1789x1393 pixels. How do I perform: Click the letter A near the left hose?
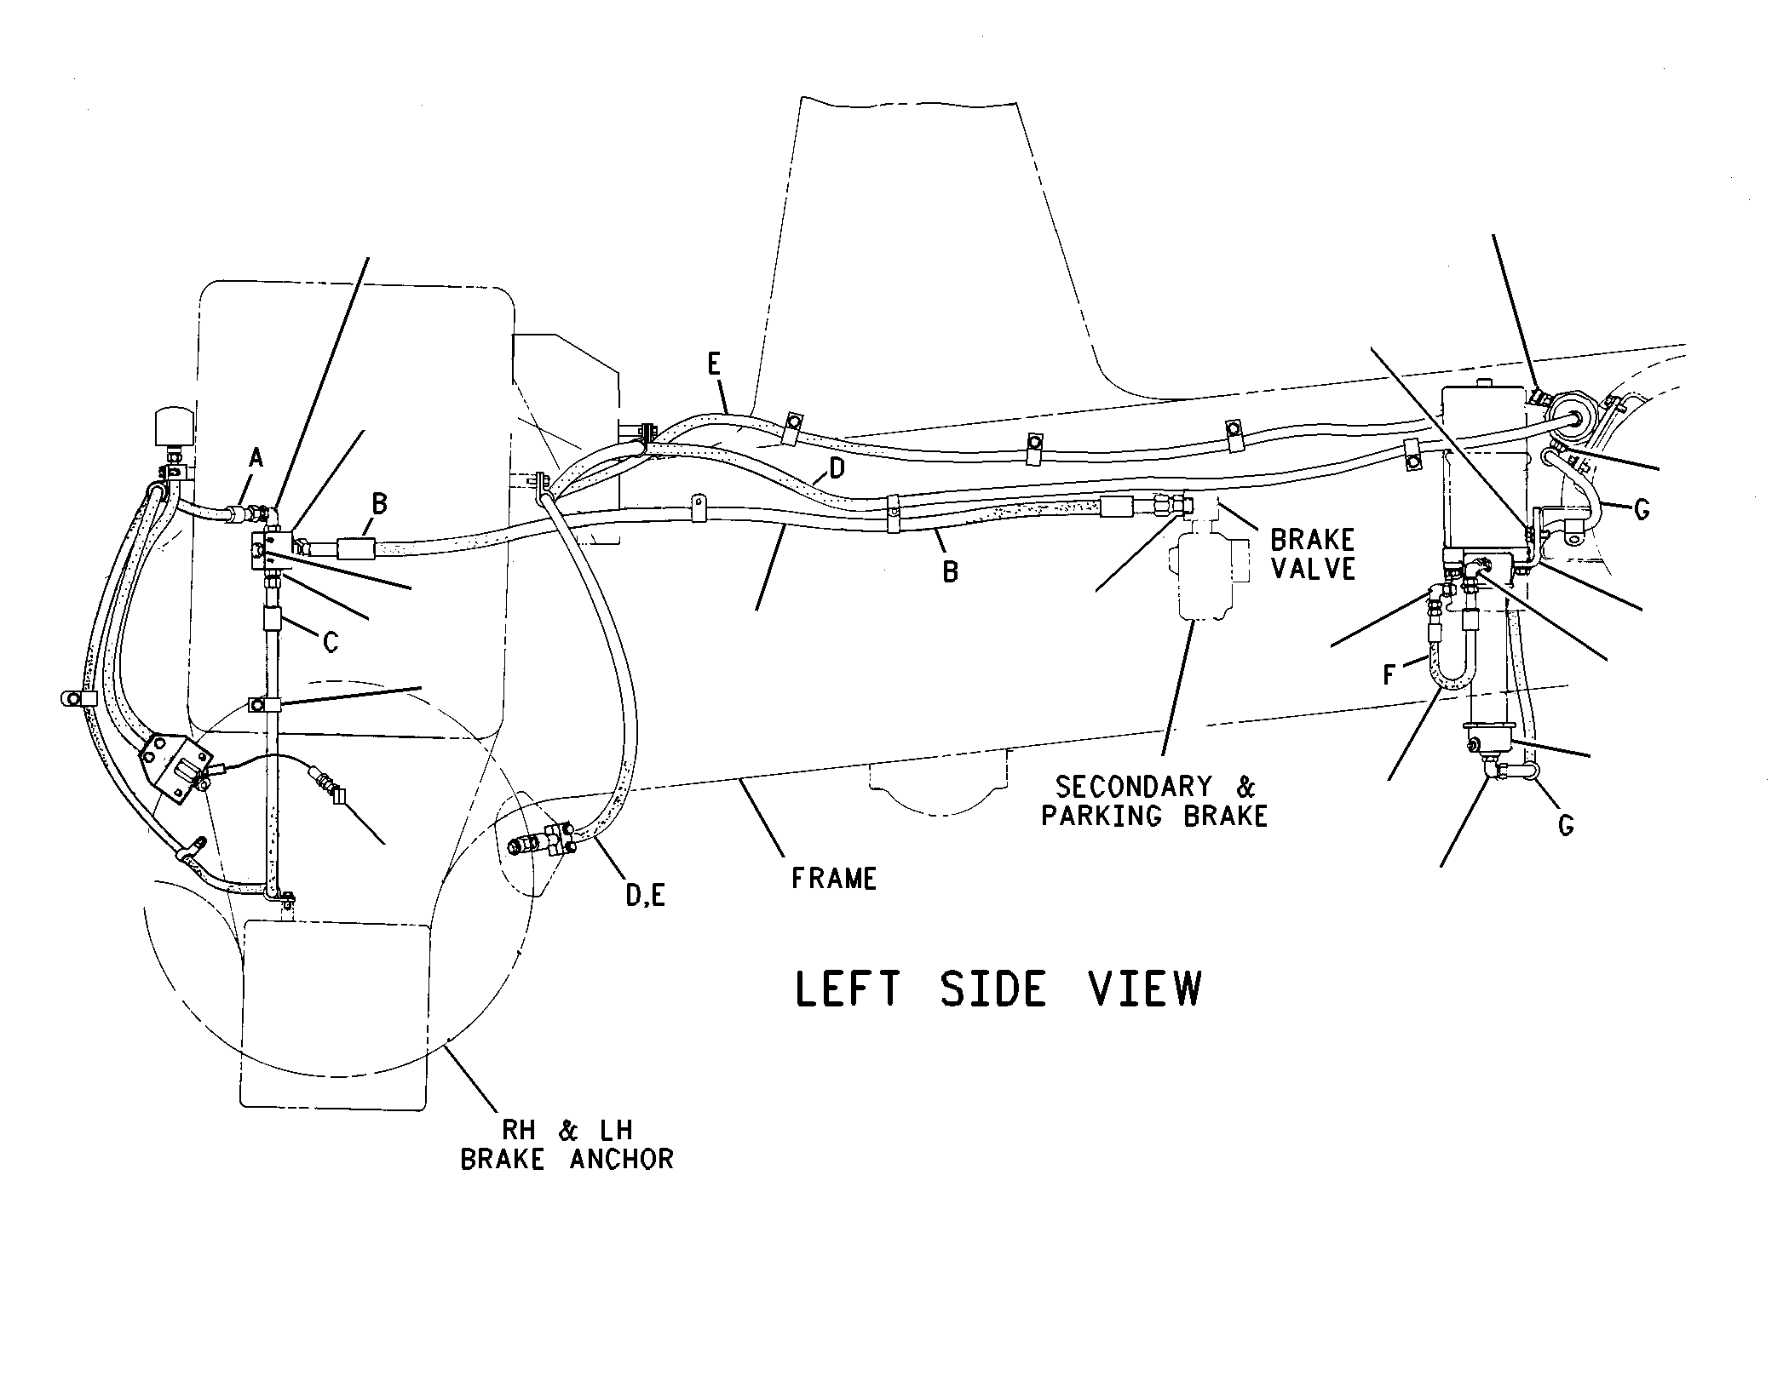tap(256, 459)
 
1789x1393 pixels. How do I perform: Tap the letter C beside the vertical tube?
tap(331, 642)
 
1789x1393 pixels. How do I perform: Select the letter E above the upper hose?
tap(714, 364)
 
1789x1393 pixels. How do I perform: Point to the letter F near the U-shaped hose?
tap(1389, 675)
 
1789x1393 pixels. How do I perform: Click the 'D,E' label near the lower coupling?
tap(644, 895)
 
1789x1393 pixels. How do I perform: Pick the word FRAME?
tap(834, 879)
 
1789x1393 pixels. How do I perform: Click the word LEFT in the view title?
tap(848, 989)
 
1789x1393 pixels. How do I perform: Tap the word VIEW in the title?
tap(1146, 989)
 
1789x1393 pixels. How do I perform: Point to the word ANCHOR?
tap(620, 1160)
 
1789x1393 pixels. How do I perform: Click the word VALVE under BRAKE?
tap(1313, 569)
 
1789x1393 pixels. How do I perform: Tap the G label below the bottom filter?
tap(1565, 824)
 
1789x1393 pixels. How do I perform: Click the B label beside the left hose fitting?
tap(379, 504)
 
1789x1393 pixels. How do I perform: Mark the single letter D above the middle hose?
tap(837, 468)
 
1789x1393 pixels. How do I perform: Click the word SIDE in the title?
tap(993, 989)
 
